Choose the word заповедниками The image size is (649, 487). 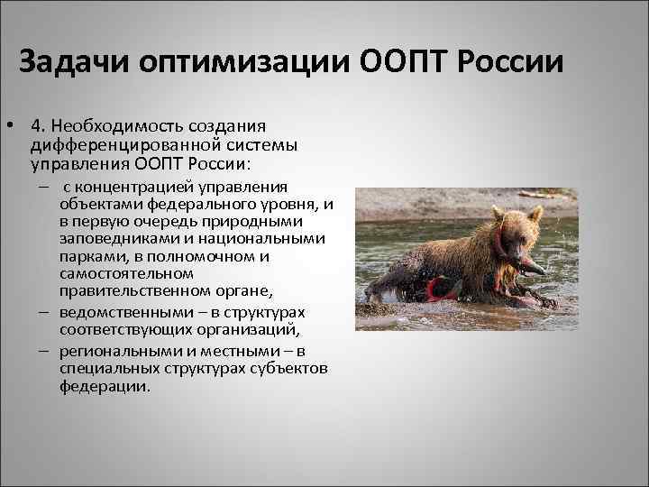(x=116, y=239)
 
